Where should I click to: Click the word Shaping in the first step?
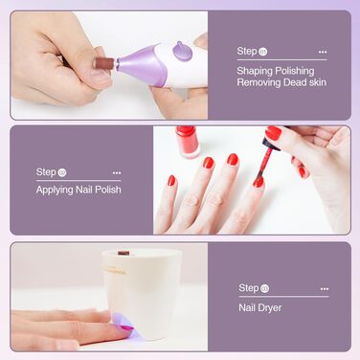252,70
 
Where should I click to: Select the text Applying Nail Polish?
79,190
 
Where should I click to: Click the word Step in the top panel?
247,51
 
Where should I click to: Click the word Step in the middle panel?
46,172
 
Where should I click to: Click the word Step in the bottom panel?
249,287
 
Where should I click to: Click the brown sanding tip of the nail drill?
101,63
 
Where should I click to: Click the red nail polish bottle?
187,142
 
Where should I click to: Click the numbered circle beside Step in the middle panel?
62,172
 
